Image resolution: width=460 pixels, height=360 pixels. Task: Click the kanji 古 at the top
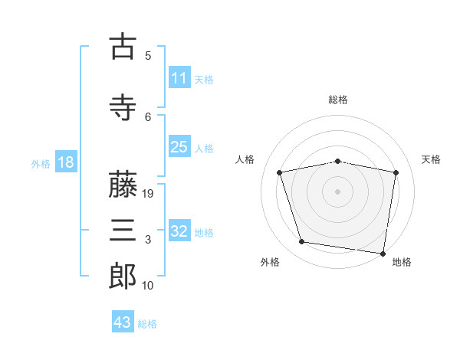(123, 47)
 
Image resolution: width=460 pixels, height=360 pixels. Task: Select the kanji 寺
(123, 108)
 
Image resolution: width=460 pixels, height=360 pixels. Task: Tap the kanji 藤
(123, 186)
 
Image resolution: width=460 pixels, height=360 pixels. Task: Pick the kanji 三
(123, 231)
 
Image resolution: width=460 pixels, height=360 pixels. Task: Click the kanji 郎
(123, 277)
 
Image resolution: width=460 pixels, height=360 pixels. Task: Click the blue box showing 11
(179, 77)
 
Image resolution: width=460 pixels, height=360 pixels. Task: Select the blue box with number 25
(179, 147)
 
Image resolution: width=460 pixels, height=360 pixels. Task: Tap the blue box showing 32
(179, 231)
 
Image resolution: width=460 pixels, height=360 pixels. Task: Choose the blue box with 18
(65, 162)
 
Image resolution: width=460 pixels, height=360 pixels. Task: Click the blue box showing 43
(122, 322)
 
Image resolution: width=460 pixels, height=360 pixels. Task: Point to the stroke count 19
(149, 194)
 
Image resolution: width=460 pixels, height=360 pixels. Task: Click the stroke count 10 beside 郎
(148, 286)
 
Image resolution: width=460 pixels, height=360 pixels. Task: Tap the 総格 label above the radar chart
(338, 100)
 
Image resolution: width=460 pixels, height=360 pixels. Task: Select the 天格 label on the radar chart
(431, 159)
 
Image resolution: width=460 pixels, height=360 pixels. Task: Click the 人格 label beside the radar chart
(245, 159)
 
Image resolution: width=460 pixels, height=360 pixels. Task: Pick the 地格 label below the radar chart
(402, 262)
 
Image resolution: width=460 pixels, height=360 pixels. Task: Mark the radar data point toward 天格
(396, 172)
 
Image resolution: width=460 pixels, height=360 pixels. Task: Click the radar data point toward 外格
(302, 242)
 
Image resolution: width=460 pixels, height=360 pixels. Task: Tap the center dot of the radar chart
(338, 191)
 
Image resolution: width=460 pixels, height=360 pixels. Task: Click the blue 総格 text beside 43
(147, 323)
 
